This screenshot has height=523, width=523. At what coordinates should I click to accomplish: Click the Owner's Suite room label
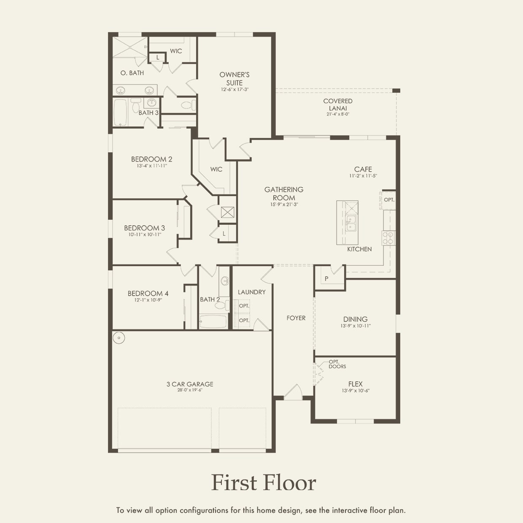(235, 78)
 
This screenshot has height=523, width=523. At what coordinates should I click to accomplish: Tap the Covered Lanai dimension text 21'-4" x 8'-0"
(338, 114)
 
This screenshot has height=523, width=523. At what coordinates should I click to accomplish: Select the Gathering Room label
(284, 194)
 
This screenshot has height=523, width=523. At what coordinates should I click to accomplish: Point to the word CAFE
(363, 169)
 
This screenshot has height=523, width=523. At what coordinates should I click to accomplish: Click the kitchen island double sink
(351, 224)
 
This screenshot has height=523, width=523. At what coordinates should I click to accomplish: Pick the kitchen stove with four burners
(388, 238)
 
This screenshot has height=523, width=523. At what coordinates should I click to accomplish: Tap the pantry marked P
(326, 279)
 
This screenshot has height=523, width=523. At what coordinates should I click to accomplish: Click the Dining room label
(355, 319)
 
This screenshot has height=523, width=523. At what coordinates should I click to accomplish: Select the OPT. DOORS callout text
(337, 364)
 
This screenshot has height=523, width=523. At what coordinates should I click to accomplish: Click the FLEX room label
(355, 384)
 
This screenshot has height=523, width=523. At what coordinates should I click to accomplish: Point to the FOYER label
(296, 318)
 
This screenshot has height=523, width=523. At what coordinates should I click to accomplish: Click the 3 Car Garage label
(190, 384)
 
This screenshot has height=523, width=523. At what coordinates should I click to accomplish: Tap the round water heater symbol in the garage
(120, 338)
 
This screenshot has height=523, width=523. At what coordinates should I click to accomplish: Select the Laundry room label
(251, 292)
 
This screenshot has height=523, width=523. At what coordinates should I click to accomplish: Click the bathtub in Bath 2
(213, 321)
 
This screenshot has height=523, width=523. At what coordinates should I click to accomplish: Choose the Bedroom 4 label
(148, 293)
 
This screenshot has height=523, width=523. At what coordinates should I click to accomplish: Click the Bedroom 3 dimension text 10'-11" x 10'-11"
(145, 235)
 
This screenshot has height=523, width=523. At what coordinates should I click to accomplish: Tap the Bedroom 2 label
(151, 159)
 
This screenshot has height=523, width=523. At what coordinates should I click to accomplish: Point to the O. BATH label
(132, 73)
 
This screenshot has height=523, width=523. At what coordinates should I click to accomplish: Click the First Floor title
(263, 483)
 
